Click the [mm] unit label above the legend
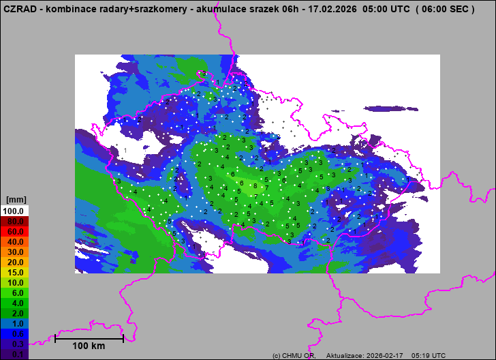click(x=16, y=200)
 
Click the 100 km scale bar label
click(x=89, y=346)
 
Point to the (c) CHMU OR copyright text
click(x=294, y=356)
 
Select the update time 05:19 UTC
click(x=430, y=356)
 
